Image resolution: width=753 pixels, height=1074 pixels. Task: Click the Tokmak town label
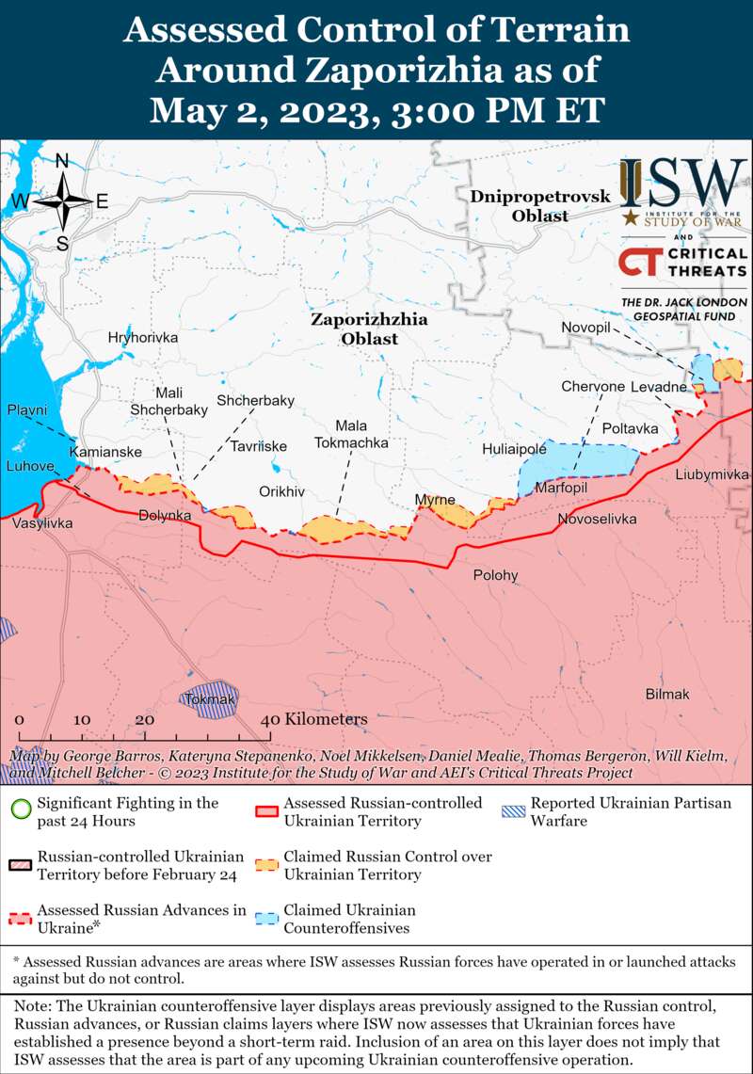point(210,699)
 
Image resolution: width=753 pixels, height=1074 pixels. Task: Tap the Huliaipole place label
point(515,450)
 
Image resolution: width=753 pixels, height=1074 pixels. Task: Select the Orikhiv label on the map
point(282,491)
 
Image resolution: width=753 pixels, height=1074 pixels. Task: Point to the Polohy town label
point(495,575)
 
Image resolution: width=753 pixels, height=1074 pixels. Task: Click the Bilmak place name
point(667,694)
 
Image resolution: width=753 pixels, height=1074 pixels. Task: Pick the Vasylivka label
point(42,522)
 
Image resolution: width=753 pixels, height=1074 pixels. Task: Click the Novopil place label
point(586,326)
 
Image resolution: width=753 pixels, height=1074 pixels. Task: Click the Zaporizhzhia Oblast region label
point(369,329)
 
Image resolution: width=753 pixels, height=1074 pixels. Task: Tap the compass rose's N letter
point(62,161)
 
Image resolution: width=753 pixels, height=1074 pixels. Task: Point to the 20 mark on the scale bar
point(144,720)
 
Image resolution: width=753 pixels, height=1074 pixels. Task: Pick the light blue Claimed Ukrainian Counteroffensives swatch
point(267,916)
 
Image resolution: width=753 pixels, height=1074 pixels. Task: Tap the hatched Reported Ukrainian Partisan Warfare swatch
point(514,808)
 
